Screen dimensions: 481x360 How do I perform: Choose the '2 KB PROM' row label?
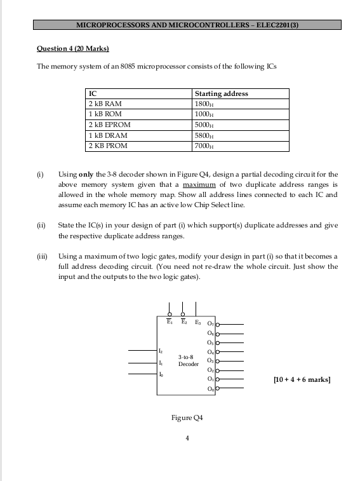107,146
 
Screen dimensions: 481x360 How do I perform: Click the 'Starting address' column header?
222,93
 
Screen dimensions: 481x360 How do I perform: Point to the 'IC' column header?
93,93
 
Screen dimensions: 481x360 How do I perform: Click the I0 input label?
161,375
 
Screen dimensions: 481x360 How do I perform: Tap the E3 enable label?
196,322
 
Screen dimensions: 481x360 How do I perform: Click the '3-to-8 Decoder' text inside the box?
188,361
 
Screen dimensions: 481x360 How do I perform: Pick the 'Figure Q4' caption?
187,418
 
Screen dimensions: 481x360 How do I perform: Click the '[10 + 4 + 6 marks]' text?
302,379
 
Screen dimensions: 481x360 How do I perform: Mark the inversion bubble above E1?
170,313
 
